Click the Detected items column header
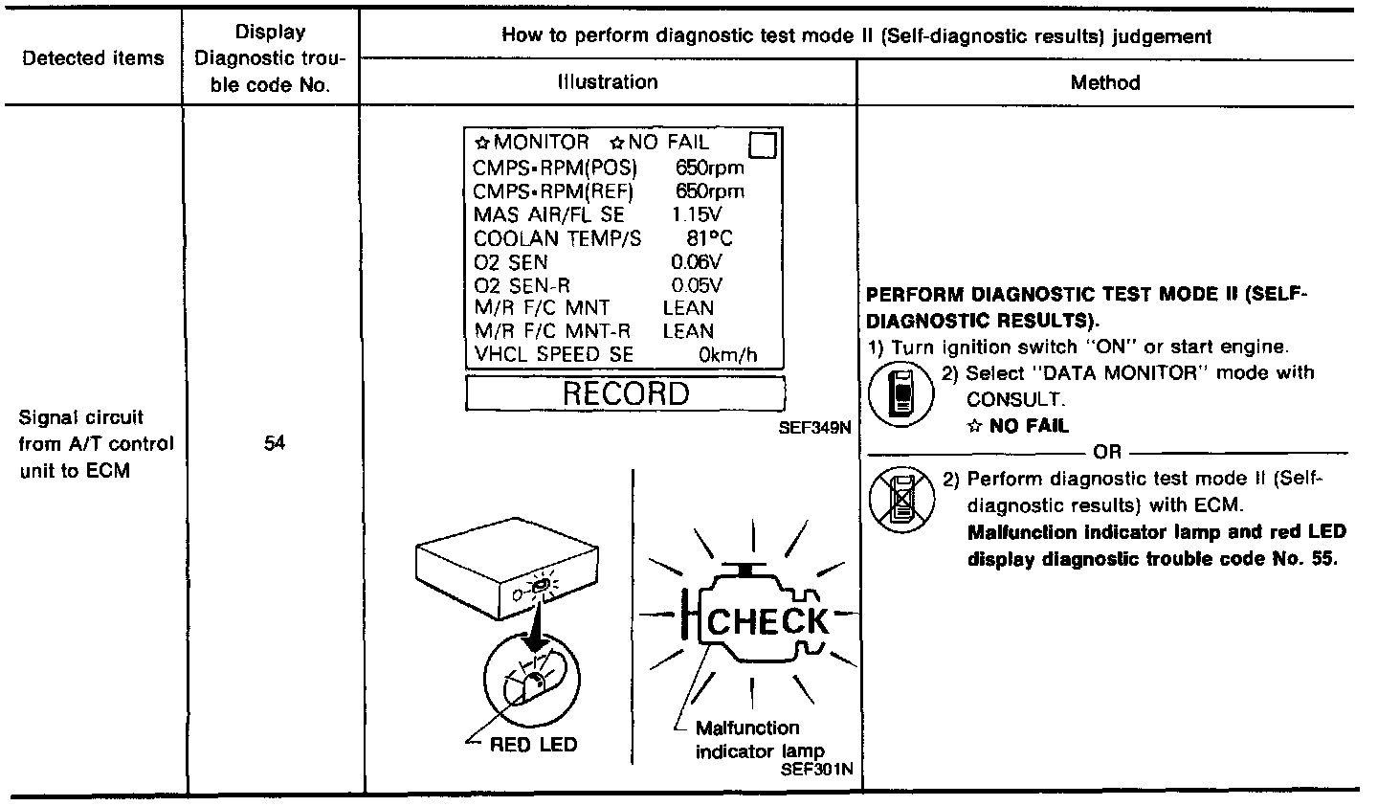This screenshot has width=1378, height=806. coord(93,58)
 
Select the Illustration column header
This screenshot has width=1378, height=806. coord(608,82)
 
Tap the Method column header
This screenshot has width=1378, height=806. coord(1105,83)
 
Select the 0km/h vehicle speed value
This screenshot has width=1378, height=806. coord(727,355)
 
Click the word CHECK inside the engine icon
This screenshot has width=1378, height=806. coord(768,621)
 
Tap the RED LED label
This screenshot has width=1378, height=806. coord(533,745)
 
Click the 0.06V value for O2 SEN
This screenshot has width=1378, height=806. coord(697,261)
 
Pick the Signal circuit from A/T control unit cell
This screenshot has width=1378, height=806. coord(96,444)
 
